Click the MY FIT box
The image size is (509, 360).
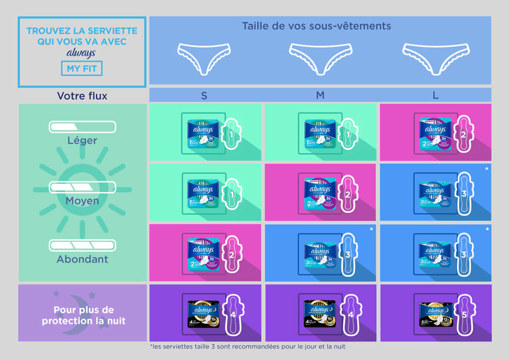(x=81, y=69)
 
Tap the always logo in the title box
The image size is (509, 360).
(x=81, y=53)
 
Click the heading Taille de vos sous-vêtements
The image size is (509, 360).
(x=316, y=26)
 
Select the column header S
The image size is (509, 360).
(x=204, y=96)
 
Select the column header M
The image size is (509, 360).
(x=320, y=96)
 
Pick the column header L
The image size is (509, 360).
(x=435, y=96)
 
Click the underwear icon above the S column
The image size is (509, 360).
(x=204, y=57)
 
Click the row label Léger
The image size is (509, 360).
(x=82, y=141)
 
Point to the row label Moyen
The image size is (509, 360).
(x=82, y=201)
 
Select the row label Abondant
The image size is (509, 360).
(x=82, y=259)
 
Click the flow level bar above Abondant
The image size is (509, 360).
(x=82, y=246)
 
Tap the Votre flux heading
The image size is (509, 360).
(x=82, y=96)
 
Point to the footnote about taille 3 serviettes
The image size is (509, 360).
(x=247, y=346)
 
